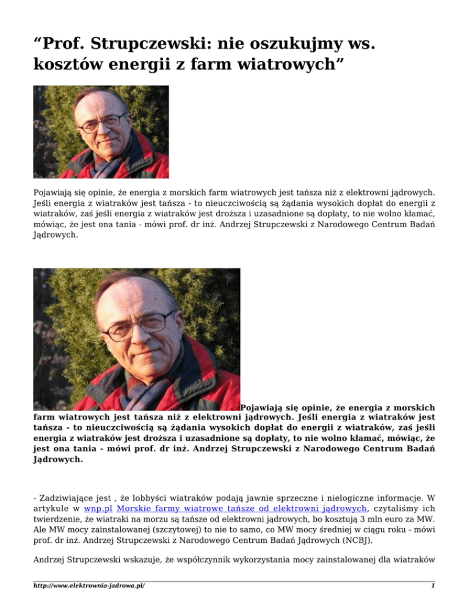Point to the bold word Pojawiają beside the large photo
tap(272, 406)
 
